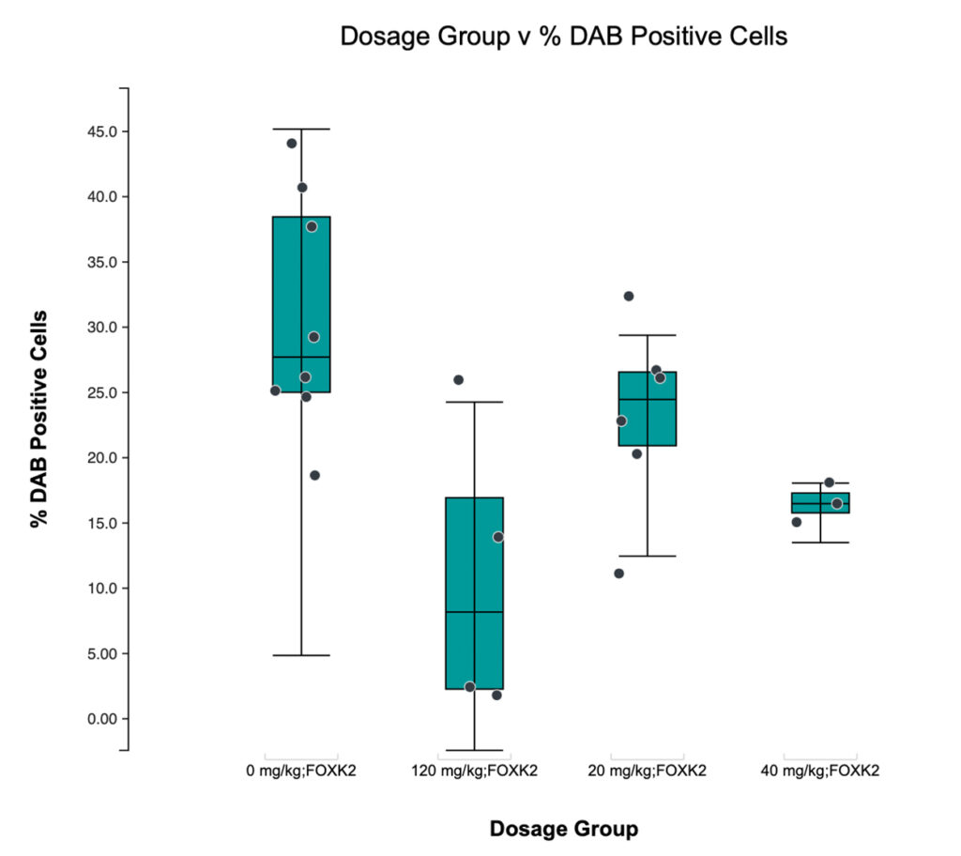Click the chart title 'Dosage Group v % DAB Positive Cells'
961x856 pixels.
563,38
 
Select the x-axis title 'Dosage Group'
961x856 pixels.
563,829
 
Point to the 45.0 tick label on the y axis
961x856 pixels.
98,131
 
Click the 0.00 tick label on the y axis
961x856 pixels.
98,719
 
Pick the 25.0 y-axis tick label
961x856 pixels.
98,392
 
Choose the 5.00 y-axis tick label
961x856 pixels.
98,653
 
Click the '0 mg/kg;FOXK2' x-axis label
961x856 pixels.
300,772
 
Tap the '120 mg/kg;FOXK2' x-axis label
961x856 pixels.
474,772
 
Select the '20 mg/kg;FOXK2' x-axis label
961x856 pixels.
647,772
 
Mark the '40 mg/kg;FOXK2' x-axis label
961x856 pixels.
820,772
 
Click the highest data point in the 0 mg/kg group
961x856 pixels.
292,144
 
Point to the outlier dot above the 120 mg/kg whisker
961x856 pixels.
459,380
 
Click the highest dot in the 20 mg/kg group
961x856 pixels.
629,297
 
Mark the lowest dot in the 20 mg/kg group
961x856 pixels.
619,573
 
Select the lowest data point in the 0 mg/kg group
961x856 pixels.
315,475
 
